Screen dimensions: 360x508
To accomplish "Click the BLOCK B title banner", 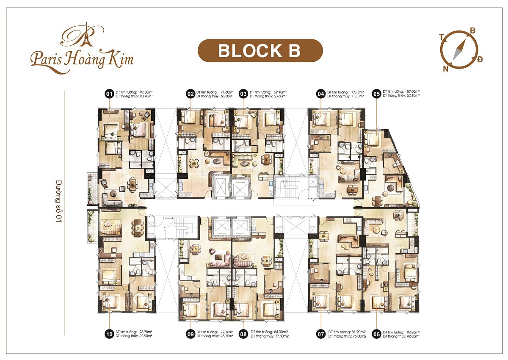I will (x=260, y=50).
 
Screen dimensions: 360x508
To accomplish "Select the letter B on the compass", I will (x=473, y=30).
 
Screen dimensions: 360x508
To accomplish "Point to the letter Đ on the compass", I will (x=479, y=59).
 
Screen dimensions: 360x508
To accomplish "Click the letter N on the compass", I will (x=445, y=69).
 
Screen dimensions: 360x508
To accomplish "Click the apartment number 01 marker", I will (x=109, y=94).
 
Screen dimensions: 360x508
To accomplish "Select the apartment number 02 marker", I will (x=190, y=94).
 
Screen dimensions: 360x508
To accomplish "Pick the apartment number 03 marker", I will (x=243, y=94).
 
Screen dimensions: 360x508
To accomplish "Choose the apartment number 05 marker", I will (x=375, y=94).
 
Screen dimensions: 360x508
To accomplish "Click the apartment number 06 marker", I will (x=376, y=334).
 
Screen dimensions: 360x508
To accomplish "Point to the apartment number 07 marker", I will (x=321, y=334).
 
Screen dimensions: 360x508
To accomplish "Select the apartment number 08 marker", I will (x=243, y=334).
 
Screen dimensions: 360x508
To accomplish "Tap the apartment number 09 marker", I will (x=190, y=334).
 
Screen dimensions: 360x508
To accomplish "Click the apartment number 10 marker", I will (x=109, y=334).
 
